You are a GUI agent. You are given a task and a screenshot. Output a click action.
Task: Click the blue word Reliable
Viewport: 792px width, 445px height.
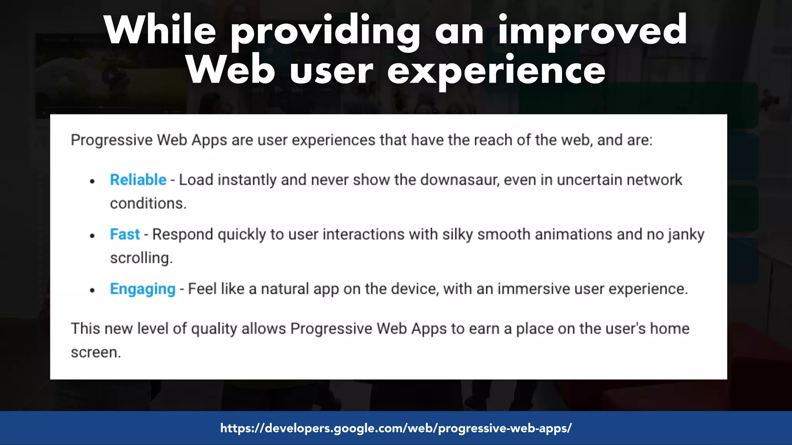138,180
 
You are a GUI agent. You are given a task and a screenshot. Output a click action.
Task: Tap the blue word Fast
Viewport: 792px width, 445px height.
125,234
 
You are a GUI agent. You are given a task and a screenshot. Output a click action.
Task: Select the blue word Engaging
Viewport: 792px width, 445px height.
142,289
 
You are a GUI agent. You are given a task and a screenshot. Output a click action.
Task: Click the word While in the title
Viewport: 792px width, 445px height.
160,30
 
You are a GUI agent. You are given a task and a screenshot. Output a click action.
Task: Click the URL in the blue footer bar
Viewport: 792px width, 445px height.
396,428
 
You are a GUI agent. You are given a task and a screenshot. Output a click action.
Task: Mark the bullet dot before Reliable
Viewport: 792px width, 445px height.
92,181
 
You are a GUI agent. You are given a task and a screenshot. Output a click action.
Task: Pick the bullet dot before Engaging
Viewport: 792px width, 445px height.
92,290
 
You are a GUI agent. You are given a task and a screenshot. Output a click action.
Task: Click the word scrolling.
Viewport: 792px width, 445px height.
141,258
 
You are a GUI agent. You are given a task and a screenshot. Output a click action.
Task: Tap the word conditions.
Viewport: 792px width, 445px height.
148,204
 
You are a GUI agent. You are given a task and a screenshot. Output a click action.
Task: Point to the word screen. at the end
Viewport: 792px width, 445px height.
96,352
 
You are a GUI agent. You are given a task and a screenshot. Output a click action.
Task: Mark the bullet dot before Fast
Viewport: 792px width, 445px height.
92,236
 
